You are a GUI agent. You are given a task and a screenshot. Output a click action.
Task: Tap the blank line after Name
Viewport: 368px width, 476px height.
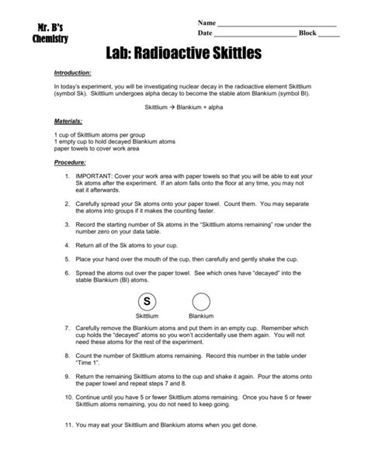pos(276,24)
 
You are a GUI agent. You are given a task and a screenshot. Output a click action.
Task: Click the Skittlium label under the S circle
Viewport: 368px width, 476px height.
pos(147,317)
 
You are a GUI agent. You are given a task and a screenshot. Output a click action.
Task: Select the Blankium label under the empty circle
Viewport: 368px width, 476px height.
pos(201,317)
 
